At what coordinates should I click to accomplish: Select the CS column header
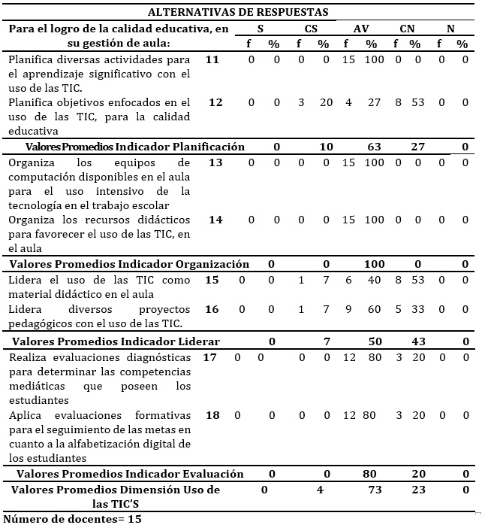(x=311, y=29)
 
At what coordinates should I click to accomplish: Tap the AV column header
(x=361, y=29)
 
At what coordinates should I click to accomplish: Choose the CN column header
(x=407, y=29)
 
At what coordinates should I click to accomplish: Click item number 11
(x=213, y=59)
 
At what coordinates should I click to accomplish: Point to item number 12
(x=215, y=102)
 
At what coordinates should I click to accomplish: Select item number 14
(x=215, y=220)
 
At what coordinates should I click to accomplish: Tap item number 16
(x=212, y=308)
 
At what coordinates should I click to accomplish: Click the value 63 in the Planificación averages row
(x=373, y=147)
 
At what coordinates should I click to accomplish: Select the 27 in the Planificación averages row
(x=418, y=147)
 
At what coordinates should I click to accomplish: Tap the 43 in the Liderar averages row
(x=418, y=341)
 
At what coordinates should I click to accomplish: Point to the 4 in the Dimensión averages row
(x=321, y=490)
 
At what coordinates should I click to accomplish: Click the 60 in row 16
(x=371, y=308)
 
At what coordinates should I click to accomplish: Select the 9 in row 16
(x=348, y=308)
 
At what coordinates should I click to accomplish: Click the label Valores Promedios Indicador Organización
(x=129, y=264)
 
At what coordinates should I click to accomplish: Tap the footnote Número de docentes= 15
(x=73, y=519)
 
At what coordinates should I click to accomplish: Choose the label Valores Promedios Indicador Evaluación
(x=130, y=474)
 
